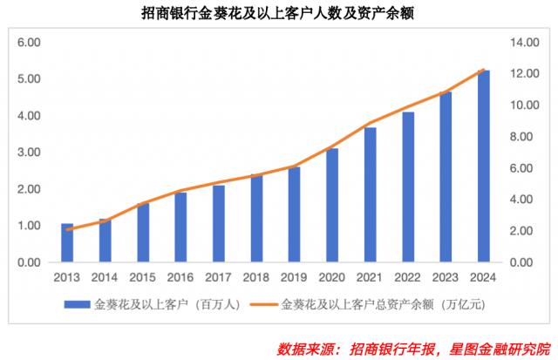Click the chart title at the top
(x=278, y=13)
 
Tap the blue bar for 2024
(x=484, y=166)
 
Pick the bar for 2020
(x=332, y=205)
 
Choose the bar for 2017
(x=219, y=223)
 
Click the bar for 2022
(x=408, y=187)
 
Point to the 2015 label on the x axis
(x=143, y=277)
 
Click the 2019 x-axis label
(x=295, y=277)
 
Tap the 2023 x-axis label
(x=446, y=277)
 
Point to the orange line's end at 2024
(x=484, y=70)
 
